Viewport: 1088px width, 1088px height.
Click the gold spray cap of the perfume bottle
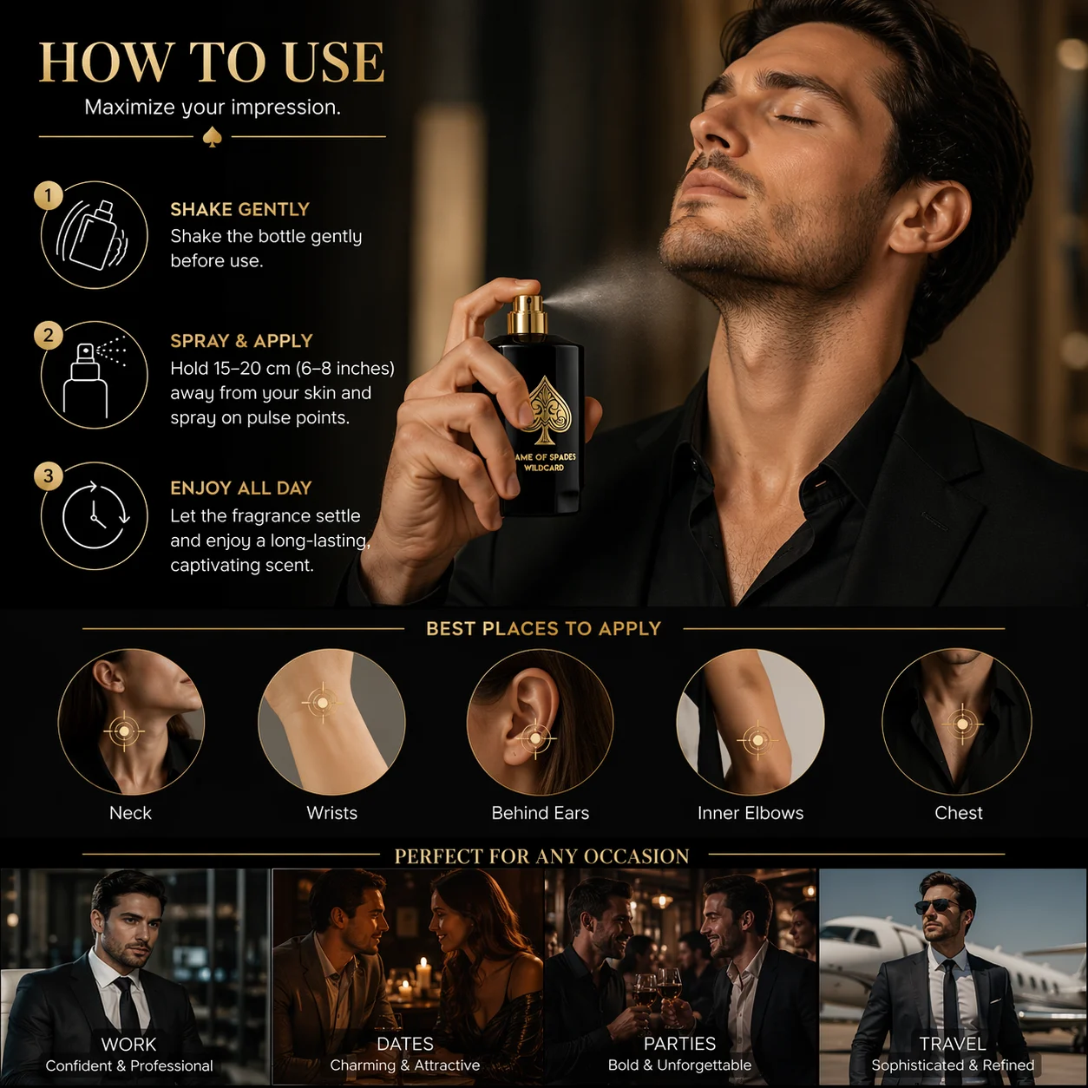coord(528,314)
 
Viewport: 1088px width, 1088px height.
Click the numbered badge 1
coord(48,195)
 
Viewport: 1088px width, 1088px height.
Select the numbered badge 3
coord(48,475)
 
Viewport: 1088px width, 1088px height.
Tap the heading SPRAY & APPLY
coord(242,341)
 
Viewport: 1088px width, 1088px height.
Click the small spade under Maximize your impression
coord(212,137)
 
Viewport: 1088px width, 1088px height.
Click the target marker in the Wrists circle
coord(323,703)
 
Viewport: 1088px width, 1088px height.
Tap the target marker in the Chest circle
coord(962,724)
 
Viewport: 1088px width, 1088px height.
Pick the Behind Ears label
coord(541,813)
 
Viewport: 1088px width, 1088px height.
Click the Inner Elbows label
coord(750,813)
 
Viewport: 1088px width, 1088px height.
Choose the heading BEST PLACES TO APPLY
coord(543,628)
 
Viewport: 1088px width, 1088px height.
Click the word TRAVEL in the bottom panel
coord(953,1044)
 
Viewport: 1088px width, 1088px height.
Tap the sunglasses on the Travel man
coord(936,907)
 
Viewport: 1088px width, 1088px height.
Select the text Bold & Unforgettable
coord(680,1065)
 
